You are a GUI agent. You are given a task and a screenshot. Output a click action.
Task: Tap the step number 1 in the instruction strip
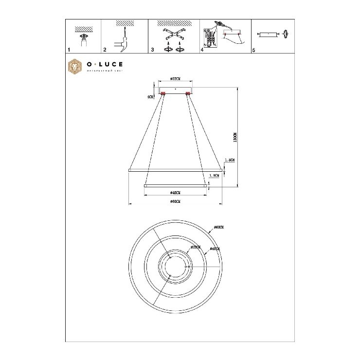pyautogui.click(x=69, y=50)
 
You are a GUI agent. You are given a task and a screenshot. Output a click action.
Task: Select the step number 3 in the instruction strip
pyautogui.click(x=152, y=50)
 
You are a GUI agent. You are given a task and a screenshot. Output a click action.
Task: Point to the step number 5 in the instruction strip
pyautogui.click(x=253, y=50)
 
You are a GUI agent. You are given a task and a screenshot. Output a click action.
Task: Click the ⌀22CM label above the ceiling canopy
pyautogui.click(x=176, y=79)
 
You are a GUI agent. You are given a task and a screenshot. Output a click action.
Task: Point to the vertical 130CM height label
pyautogui.click(x=234, y=137)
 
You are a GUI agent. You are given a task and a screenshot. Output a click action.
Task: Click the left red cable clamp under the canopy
pyautogui.click(x=163, y=93)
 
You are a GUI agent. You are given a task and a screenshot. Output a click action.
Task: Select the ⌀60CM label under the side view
pyautogui.click(x=176, y=201)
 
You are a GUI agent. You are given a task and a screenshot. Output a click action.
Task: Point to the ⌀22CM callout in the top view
pyautogui.click(x=196, y=247)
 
